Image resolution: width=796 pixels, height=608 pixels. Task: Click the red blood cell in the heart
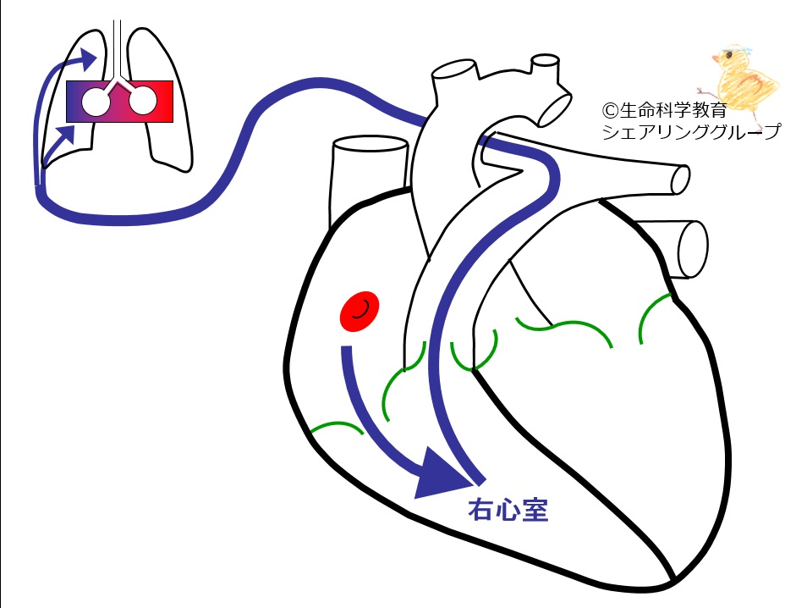pos(360,311)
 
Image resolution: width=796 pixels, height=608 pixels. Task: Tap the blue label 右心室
pos(508,510)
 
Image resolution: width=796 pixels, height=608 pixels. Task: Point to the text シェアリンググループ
pos(691,132)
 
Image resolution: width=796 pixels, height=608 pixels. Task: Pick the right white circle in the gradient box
pos(144,100)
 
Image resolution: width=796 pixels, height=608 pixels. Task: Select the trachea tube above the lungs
pos(118,51)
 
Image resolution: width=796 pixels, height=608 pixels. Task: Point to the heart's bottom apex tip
pos(674,580)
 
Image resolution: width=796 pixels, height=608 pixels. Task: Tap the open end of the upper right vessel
pos(681,180)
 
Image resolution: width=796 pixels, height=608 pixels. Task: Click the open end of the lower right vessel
pos(693,249)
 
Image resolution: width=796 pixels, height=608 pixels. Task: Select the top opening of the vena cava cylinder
pos(370,144)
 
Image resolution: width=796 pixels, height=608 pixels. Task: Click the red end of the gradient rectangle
pos(162,102)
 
